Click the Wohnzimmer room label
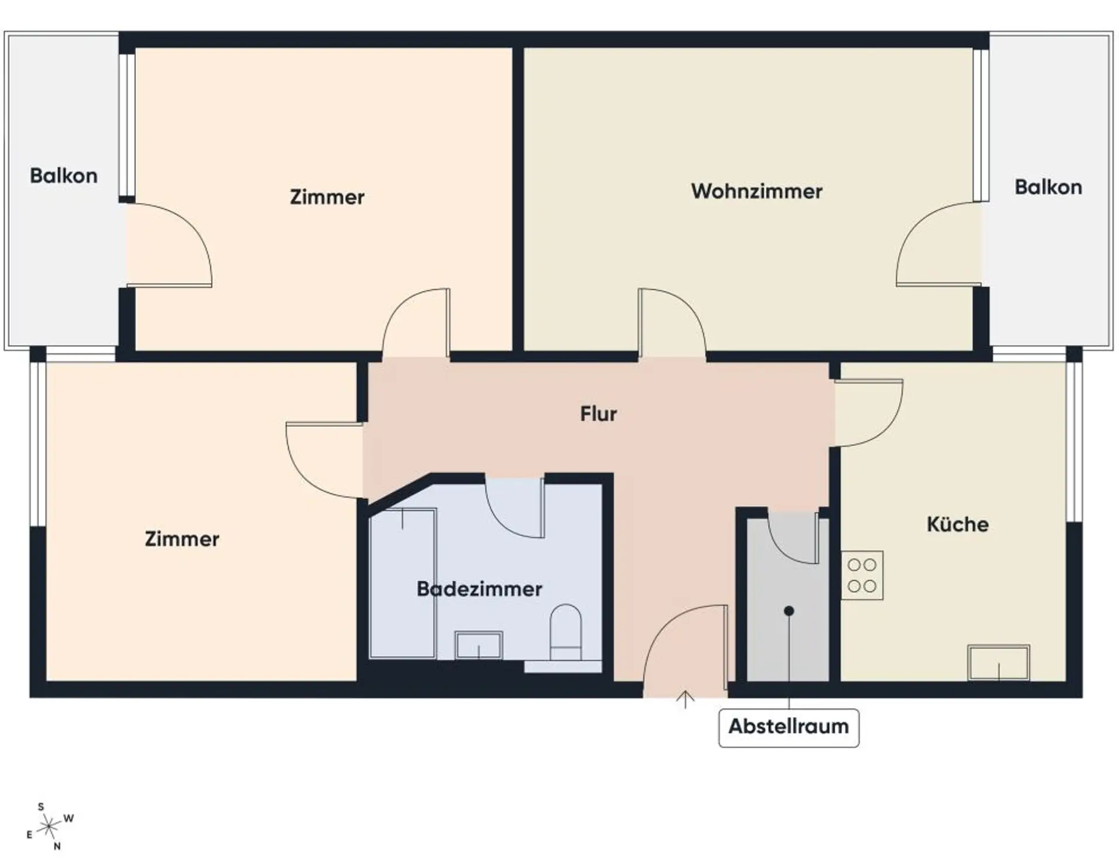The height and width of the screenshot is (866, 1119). [756, 191]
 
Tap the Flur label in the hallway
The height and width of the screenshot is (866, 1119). [598, 414]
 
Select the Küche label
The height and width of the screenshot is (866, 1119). [958, 524]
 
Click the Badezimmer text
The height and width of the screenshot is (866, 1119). [479, 589]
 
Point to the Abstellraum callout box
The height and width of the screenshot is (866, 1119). [789, 727]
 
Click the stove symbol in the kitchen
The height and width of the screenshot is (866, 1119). [862, 575]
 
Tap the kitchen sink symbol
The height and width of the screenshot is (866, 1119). [998, 662]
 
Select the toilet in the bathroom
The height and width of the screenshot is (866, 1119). [566, 632]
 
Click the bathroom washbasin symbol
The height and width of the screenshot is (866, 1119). [478, 645]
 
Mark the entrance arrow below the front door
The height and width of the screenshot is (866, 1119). [685, 699]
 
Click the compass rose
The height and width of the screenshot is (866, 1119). [50, 826]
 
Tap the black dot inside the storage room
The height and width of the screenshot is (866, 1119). [789, 611]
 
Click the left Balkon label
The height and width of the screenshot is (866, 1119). [64, 176]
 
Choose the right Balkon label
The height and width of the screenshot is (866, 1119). [1048, 187]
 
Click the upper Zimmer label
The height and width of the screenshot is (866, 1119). [327, 197]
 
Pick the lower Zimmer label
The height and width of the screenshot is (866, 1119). [182, 539]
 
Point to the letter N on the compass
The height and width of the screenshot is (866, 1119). [57, 846]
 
